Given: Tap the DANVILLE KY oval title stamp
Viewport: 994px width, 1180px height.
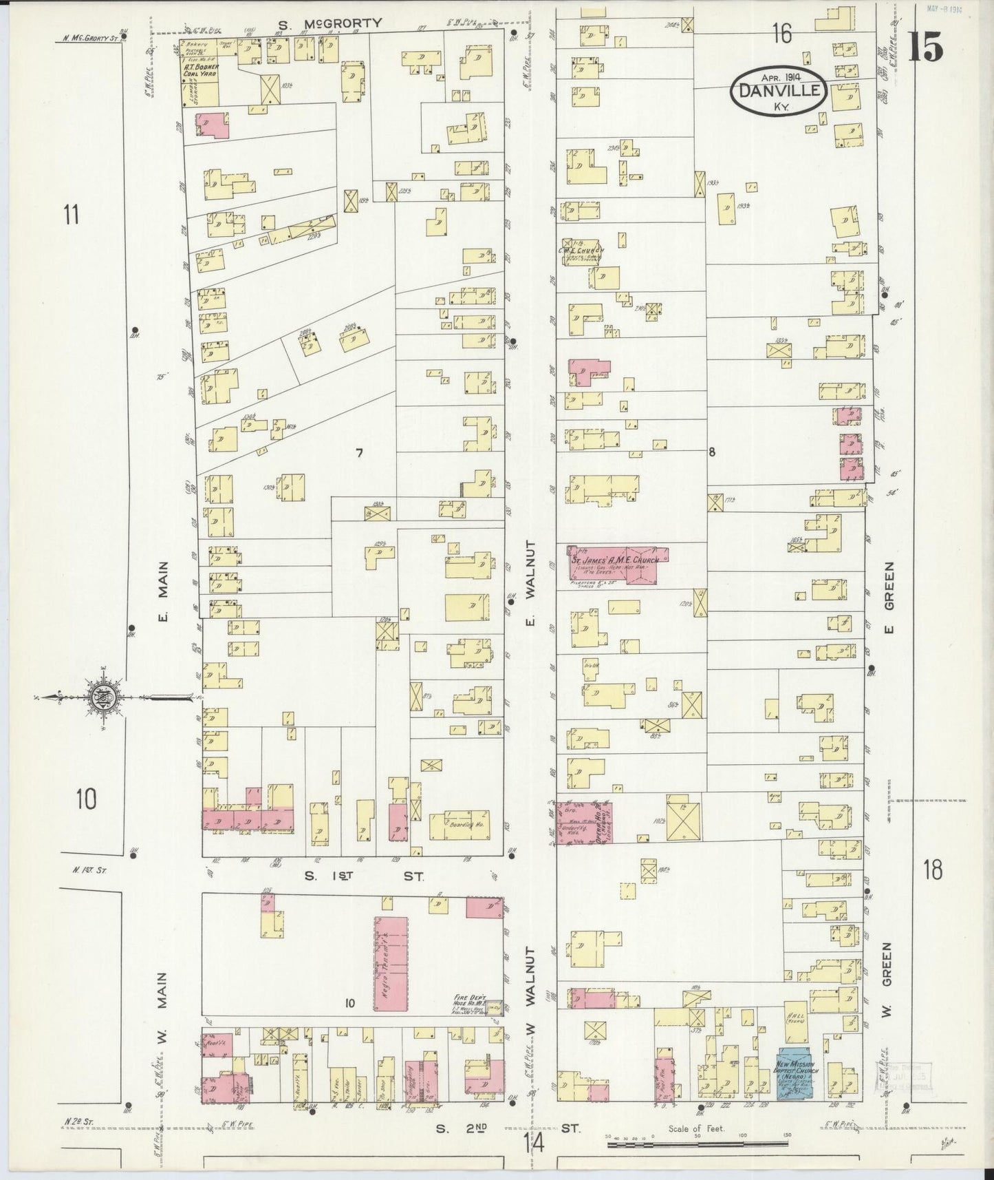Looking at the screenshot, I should pyautogui.click(x=779, y=89).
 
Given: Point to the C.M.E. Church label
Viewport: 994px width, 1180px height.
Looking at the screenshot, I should pyautogui.click(x=581, y=251).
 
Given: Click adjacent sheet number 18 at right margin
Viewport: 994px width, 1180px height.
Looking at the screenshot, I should pyautogui.click(x=933, y=870).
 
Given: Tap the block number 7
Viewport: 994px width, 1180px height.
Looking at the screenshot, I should pyautogui.click(x=358, y=452).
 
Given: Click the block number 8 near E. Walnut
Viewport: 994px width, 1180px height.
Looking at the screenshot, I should pyautogui.click(x=713, y=452).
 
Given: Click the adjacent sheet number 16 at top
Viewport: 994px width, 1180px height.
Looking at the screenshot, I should pyautogui.click(x=781, y=32).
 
